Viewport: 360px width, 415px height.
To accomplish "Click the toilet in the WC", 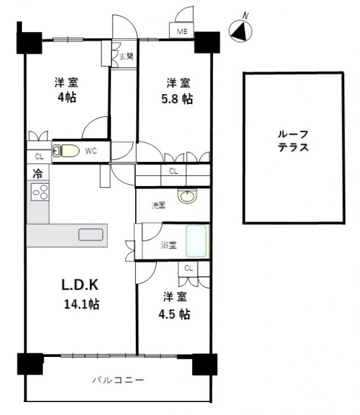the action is [66, 151].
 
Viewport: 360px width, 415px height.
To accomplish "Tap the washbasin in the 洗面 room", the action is [187, 196].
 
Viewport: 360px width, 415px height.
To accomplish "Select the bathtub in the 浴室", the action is [196, 241].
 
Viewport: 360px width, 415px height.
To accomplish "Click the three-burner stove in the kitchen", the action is [40, 191].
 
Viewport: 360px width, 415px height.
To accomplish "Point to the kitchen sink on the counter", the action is [91, 235].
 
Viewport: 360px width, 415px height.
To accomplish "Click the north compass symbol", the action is [240, 30].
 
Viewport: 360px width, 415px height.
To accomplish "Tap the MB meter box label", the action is [182, 31].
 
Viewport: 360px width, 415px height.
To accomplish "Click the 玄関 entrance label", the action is [126, 56].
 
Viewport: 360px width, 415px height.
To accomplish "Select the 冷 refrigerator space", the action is [37, 173].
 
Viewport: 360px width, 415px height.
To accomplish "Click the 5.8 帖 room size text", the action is [177, 99].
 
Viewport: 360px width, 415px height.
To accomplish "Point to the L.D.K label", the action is [80, 285].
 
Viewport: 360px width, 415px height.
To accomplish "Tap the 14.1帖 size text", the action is [82, 304].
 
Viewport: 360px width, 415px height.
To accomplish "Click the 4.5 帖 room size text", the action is [174, 314].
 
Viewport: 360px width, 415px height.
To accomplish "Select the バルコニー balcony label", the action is [118, 381].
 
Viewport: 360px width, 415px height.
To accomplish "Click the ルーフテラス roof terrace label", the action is [294, 141].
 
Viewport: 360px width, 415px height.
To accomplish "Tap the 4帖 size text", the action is [67, 97].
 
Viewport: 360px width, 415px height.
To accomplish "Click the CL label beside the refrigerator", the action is [39, 157].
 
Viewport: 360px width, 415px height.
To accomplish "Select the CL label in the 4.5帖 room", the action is [189, 269].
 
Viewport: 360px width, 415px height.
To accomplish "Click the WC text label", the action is [91, 151].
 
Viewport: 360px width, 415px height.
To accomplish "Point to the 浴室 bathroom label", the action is [168, 245].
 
